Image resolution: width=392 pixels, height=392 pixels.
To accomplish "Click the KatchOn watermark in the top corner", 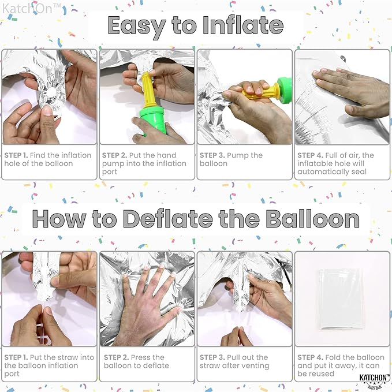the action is tap(32, 9).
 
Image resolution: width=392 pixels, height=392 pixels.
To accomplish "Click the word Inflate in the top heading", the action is tap(242, 25).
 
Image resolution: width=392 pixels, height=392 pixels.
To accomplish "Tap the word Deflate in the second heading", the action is tap(168, 219).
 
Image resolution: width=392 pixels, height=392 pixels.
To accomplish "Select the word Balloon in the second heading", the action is tap(312, 219).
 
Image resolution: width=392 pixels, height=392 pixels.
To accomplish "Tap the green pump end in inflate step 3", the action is tap(285, 90).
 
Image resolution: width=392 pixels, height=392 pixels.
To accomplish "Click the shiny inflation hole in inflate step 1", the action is tap(52, 92).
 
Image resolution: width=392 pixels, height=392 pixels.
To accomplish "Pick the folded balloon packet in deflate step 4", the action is tap(341, 298).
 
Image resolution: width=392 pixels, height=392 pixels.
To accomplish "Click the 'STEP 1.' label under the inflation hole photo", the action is tap(16, 155).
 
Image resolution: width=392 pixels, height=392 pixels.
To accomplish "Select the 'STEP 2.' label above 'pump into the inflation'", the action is tap(114, 155).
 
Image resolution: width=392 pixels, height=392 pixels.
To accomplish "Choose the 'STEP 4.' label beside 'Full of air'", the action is tap(310, 155).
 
